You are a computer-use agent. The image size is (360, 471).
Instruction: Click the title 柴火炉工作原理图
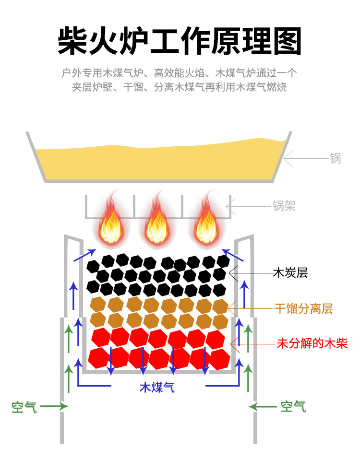click(180, 42)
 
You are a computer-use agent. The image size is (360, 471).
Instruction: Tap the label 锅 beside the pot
click(335, 159)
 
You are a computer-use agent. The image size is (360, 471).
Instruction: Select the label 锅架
click(284, 206)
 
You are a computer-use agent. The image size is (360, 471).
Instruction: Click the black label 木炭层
click(290, 273)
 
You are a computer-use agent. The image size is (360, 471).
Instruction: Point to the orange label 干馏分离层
click(303, 308)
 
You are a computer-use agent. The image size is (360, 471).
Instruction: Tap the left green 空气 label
click(24, 407)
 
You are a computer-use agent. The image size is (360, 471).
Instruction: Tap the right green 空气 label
click(293, 407)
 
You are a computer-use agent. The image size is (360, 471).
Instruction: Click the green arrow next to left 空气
click(53, 407)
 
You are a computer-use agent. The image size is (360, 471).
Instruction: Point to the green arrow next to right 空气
click(263, 407)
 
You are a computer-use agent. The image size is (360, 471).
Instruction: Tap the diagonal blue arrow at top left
click(83, 255)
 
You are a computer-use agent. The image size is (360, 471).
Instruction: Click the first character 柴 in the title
click(73, 42)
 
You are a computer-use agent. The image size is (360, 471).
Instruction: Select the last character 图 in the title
click(287, 42)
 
